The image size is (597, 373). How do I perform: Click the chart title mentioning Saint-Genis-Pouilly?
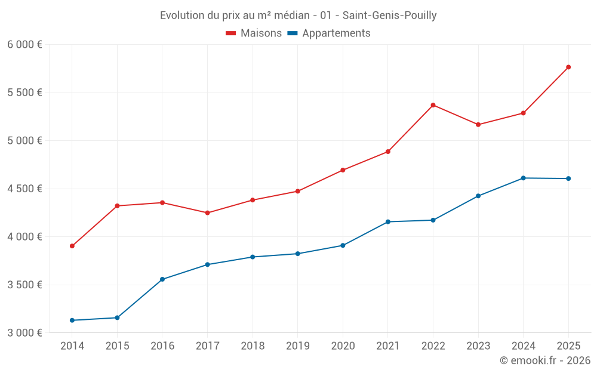pos(298,15)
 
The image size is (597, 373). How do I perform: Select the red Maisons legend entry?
pos(254,33)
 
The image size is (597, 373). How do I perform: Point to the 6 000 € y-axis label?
pos(24,45)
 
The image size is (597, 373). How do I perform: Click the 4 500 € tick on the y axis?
pos(24,189)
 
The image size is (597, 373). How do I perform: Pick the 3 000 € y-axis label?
pos(24,332)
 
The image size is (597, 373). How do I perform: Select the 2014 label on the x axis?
pos(72,346)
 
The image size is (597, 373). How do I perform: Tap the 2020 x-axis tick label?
pos(343,346)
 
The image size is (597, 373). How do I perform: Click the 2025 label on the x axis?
pos(568,346)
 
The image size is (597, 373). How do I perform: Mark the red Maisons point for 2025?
pos(568,67)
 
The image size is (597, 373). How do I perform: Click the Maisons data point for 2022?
pos(433,105)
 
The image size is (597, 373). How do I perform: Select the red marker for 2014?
pos(72,246)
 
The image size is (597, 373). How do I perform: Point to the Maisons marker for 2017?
pos(207,213)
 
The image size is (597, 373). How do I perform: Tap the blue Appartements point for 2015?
pos(117,317)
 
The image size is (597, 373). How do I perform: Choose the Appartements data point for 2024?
pos(523,178)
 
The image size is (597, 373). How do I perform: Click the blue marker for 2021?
pos(388,222)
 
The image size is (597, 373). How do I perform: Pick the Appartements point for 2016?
pos(162,279)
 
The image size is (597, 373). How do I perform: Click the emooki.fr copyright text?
pos(544,360)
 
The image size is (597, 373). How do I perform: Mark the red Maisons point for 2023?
pos(478,125)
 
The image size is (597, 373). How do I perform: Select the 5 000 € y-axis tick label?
pos(24,141)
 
